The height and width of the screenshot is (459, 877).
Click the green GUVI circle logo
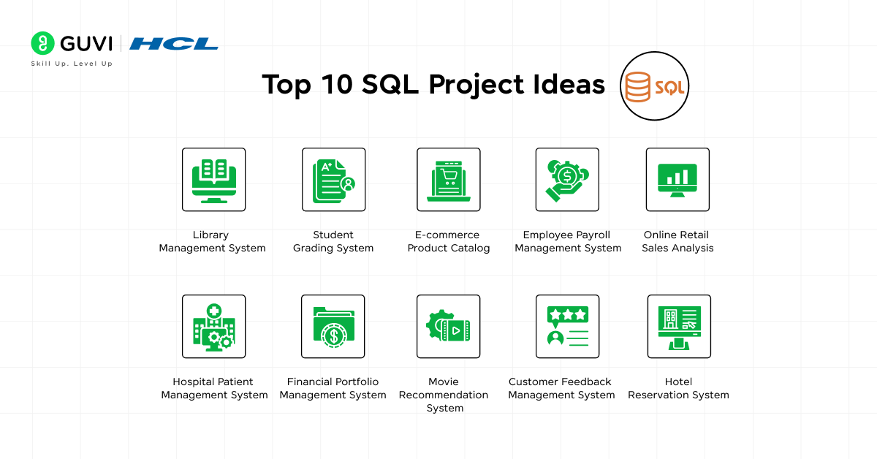pyautogui.click(x=42, y=43)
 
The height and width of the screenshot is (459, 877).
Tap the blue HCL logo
pyautogui.click(x=174, y=44)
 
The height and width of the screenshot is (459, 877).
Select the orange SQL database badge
pyautogui.click(x=655, y=86)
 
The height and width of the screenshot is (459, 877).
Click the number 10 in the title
pyautogui.click(x=337, y=84)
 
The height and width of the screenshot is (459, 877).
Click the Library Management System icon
pyautogui.click(x=213, y=180)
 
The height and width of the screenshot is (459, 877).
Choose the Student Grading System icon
pyautogui.click(x=333, y=180)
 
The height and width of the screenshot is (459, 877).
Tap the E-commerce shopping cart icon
pyautogui.click(x=449, y=180)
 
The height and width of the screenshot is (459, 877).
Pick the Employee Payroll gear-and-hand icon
pyautogui.click(x=567, y=180)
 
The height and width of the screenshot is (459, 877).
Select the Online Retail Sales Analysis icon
pyautogui.click(x=677, y=180)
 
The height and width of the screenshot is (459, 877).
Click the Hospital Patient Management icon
pyautogui.click(x=213, y=327)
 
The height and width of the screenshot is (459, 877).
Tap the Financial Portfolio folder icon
pyautogui.click(x=333, y=327)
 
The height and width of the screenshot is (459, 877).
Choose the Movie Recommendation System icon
pyautogui.click(x=448, y=327)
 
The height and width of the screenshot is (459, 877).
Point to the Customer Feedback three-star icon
pyautogui.click(x=568, y=327)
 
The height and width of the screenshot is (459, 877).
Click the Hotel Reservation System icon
pyautogui.click(x=679, y=327)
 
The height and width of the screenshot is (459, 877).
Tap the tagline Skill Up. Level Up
pyautogui.click(x=72, y=64)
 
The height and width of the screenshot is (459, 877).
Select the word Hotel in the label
pyautogui.click(x=678, y=382)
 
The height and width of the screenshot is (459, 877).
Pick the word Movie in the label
pyautogui.click(x=444, y=382)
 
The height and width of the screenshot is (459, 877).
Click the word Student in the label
pyautogui.click(x=333, y=235)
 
